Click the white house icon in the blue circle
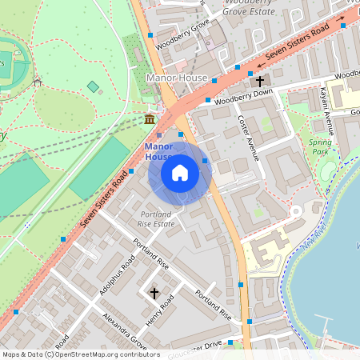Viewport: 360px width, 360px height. point(180,172)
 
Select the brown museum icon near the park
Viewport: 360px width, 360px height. point(149,119)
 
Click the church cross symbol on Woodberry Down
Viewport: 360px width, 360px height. point(259,81)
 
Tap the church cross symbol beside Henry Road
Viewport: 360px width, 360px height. point(154,294)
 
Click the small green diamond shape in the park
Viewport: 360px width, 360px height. point(93,86)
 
